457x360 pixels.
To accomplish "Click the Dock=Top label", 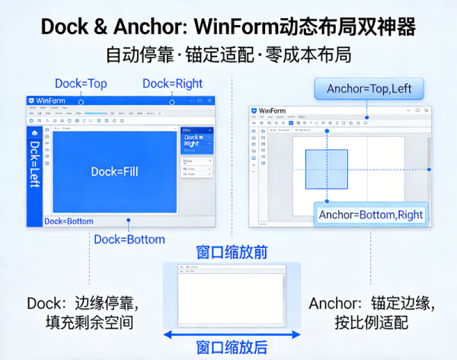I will [81, 84].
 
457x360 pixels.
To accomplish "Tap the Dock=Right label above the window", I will [172, 84].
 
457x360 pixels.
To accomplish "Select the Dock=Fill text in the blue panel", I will [114, 171].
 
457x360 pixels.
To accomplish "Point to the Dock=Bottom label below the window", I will [129, 239].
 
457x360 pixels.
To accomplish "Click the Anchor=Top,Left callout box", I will [369, 89].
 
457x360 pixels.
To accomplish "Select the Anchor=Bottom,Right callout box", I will [370, 215].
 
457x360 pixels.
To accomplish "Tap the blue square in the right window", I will [326, 168].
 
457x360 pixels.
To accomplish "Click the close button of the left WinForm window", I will [209, 100].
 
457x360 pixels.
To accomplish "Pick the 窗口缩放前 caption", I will [232, 252].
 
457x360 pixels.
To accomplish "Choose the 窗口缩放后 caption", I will [232, 348].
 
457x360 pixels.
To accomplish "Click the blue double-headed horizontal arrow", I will [232, 334].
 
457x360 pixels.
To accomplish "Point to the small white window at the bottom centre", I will [232, 295].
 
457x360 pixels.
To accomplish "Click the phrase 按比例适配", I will [371, 323].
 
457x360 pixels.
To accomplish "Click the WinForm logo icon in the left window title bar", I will [32, 100].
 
